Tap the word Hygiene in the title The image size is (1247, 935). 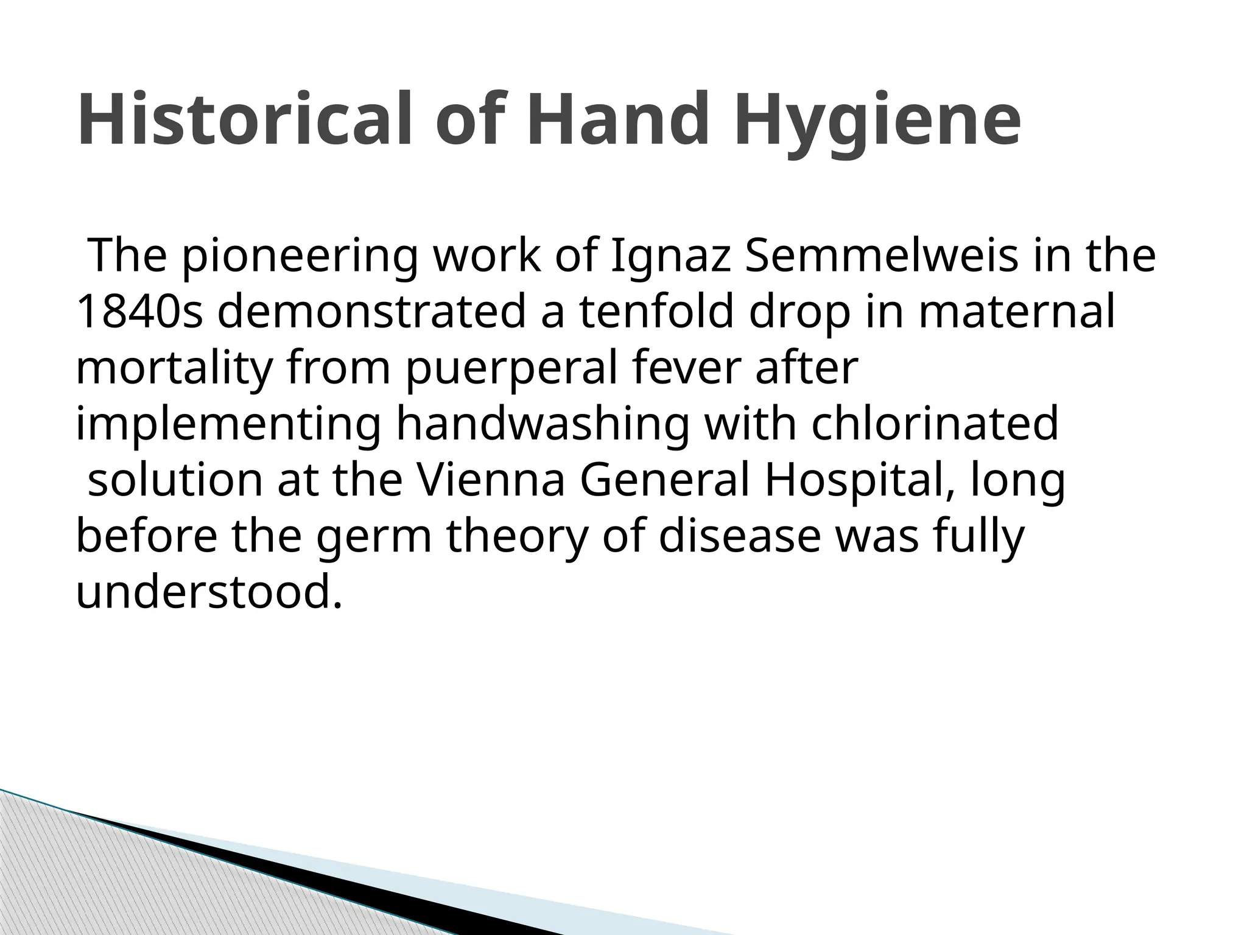pos(877,122)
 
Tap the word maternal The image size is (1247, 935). pos(1017,312)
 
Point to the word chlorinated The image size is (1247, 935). pos(935,424)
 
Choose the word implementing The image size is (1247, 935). pos(228,425)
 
